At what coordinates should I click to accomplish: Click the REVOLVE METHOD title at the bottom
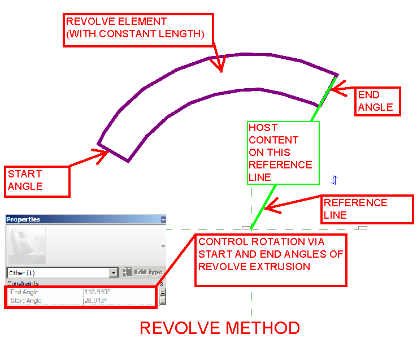(220, 328)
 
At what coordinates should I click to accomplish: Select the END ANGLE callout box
(377, 101)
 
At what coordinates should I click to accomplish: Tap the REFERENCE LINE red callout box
(368, 209)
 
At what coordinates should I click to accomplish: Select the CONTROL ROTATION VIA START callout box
(271, 260)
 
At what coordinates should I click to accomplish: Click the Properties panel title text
(23, 219)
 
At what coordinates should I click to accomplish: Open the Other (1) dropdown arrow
(114, 272)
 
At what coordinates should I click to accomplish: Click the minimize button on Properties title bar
(163, 219)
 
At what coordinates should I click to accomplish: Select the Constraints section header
(23, 283)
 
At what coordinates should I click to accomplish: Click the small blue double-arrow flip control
(334, 180)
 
